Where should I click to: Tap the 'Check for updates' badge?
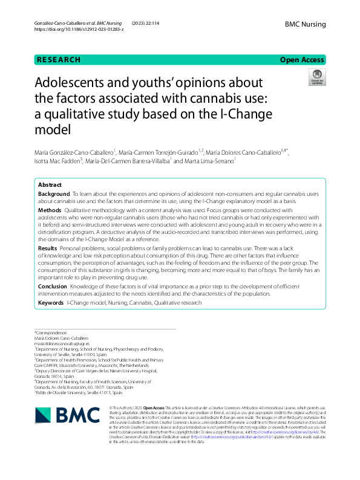(x=316, y=77)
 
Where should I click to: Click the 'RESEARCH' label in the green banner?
(x=59, y=60)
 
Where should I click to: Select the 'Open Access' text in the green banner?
(x=303, y=60)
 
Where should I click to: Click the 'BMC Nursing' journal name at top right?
(x=306, y=24)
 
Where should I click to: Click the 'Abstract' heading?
(x=50, y=184)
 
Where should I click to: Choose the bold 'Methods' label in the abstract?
(x=50, y=209)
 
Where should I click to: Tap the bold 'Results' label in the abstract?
(x=48, y=248)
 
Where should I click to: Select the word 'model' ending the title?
(x=53, y=129)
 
